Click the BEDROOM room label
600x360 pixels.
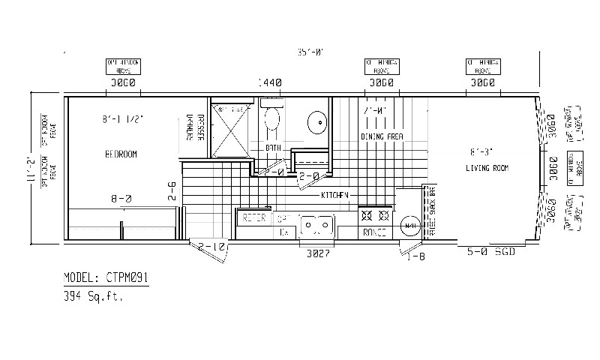(121, 154)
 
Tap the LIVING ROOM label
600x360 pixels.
(487, 169)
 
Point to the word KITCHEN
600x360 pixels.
(335, 195)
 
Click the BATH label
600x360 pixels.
(273, 148)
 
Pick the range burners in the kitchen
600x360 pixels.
(375, 215)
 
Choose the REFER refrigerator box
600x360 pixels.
(254, 218)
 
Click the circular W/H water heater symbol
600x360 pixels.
(409, 225)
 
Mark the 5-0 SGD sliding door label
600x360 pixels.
(491, 252)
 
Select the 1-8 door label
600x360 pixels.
(417, 256)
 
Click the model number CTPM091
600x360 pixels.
(106, 277)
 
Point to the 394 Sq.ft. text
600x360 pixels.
(94, 297)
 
